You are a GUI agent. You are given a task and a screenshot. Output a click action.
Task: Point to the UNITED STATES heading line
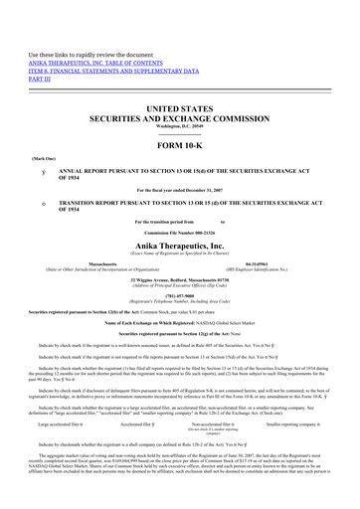tap(180, 104)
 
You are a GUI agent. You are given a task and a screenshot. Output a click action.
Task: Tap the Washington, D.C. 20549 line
tap(180, 124)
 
